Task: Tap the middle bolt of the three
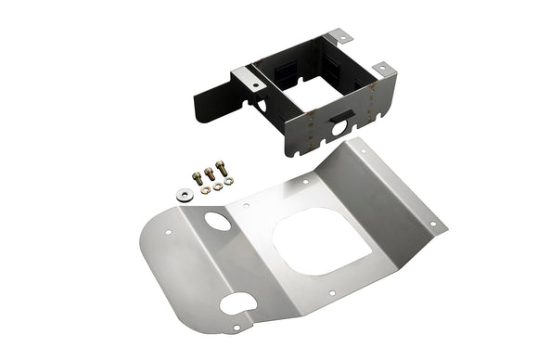tap(210, 173)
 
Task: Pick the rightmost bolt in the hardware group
tap(224, 169)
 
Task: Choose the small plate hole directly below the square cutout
tap(332, 295)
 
